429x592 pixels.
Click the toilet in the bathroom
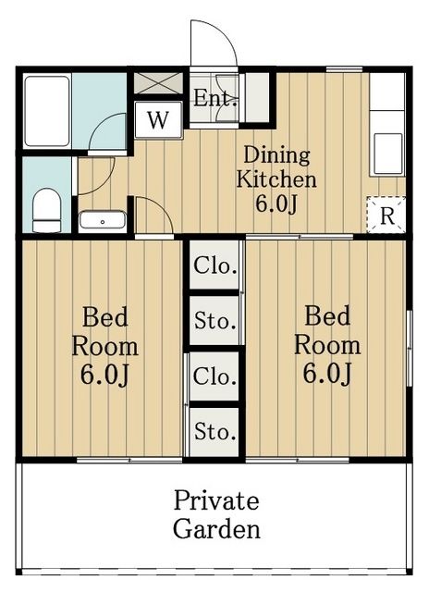coord(46,210)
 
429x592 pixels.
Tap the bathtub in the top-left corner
coord(47,111)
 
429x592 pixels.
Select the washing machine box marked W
coord(158,120)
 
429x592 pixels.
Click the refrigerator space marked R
coord(386,216)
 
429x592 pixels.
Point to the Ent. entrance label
coord(215,99)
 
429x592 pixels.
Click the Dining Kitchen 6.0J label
coord(276,179)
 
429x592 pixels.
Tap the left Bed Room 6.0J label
coord(104,346)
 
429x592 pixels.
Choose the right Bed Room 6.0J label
coord(327,345)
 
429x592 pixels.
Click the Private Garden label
coord(216,514)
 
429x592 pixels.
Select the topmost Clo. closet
coord(214,265)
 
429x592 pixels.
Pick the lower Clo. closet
coord(214,376)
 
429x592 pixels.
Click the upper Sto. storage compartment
coord(214,321)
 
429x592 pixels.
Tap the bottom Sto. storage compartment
coord(214,432)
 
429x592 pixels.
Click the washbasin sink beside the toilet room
coord(103,220)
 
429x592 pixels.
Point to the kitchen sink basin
coord(388,153)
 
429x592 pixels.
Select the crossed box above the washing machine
coord(158,82)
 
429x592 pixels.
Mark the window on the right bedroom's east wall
coord(410,348)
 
